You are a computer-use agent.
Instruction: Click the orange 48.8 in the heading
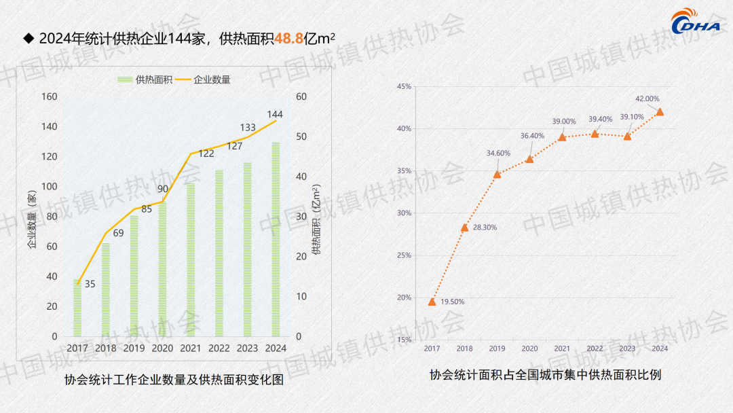[x=288, y=39]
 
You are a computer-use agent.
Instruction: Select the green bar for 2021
[x=191, y=259]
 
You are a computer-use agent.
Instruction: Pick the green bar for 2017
[x=77, y=308]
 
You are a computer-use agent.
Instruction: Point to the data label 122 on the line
[x=206, y=154]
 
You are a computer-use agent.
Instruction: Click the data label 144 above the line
[x=275, y=114]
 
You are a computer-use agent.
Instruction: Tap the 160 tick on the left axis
[x=50, y=96]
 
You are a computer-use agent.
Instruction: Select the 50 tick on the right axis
[x=302, y=137]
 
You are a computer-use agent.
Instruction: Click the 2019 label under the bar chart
[x=134, y=348]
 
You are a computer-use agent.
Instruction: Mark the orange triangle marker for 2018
[x=465, y=228]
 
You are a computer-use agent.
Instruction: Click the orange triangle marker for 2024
[x=660, y=112]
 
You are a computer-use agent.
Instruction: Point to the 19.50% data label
[x=452, y=302]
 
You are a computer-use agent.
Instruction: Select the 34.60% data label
[x=498, y=153]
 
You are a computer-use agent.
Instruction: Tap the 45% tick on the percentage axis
[x=404, y=87]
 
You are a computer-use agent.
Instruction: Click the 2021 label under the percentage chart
[x=562, y=348]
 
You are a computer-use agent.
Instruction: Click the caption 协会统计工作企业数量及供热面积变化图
[x=174, y=380]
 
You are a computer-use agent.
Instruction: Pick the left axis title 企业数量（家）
[x=31, y=219]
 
